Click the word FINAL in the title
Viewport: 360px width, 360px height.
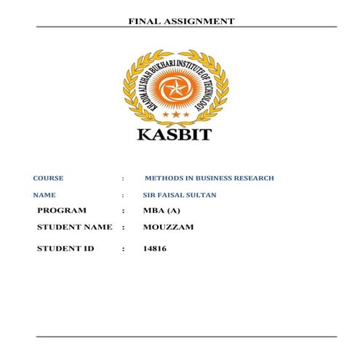tap(143, 21)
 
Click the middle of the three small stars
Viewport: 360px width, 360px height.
tap(175, 115)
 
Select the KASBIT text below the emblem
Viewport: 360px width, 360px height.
tap(175, 135)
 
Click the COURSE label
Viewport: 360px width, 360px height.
tap(49, 178)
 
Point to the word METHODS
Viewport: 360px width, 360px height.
tap(163, 178)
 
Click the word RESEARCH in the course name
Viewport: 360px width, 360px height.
tap(253, 178)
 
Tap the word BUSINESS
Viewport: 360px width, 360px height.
tap(207, 178)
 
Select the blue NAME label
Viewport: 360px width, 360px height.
tap(44, 196)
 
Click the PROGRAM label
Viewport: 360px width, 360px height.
tap(62, 211)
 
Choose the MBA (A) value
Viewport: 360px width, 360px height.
tap(161, 211)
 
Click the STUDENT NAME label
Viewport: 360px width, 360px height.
tap(75, 228)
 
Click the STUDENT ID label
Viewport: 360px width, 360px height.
tap(66, 249)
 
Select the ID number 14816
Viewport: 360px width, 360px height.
tap(157, 249)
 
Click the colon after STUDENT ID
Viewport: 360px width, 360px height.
tap(124, 249)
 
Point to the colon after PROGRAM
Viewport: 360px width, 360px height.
tap(124, 211)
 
